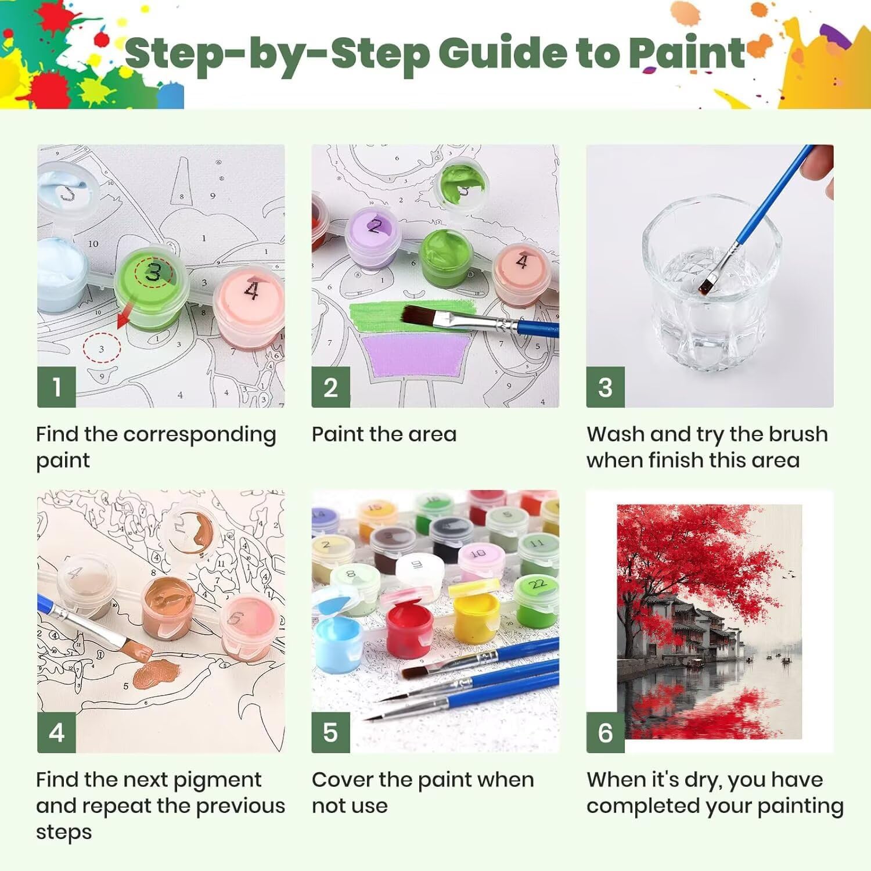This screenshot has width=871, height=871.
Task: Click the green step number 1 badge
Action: tap(56, 387)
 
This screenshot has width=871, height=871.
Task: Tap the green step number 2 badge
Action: tap(330, 387)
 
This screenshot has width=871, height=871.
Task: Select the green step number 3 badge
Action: tap(605, 387)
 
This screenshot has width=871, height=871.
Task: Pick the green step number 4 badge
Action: tap(56, 732)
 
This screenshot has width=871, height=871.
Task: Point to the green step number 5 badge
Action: tap(330, 732)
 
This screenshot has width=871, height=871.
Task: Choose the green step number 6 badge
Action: tap(605, 732)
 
